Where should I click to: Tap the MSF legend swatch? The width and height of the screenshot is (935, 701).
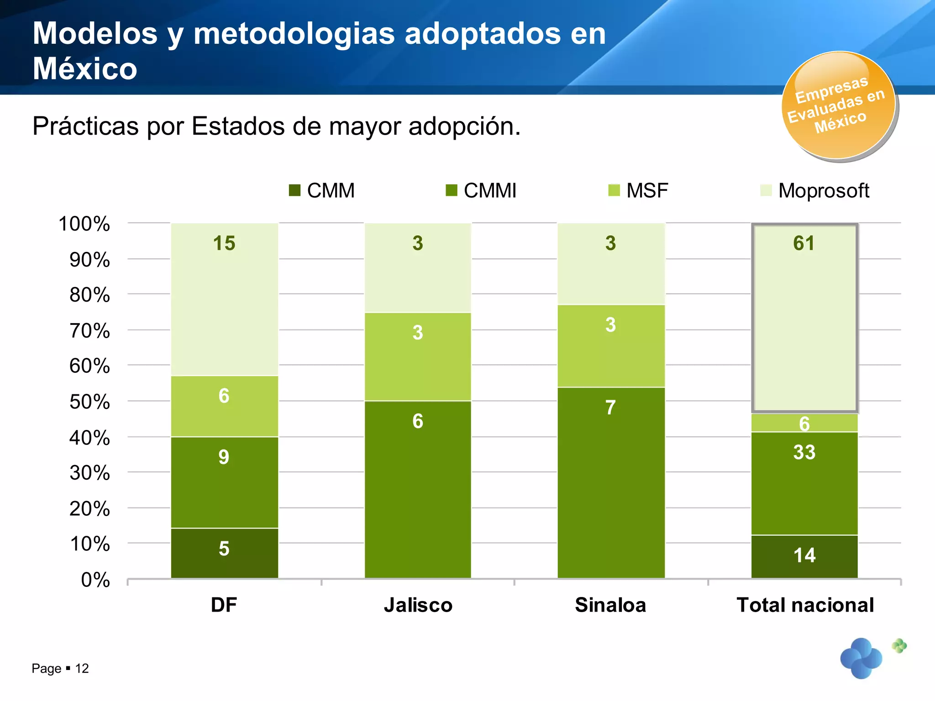point(614,190)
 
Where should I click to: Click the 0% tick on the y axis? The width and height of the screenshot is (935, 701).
point(95,580)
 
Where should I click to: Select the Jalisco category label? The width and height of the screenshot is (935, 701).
point(418,605)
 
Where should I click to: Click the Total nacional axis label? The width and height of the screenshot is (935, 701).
point(805,605)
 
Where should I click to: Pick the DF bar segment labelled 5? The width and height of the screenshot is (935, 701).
point(224,553)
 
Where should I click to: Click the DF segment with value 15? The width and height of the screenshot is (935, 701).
point(224,299)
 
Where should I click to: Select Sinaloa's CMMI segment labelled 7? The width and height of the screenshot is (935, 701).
point(610,482)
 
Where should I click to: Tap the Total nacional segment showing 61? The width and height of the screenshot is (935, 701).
point(804,318)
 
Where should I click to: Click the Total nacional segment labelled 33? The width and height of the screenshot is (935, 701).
point(804,483)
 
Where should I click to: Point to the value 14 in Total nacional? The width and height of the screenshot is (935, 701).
point(804,555)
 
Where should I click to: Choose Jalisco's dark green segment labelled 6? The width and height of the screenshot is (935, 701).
point(418,489)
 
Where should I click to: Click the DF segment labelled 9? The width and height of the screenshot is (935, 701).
point(224,482)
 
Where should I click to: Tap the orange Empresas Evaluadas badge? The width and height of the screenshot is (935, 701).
point(839,106)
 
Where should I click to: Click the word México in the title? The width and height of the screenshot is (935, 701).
point(85,69)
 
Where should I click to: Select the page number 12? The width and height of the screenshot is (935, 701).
point(82,669)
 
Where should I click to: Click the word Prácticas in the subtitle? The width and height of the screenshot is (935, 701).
point(85,126)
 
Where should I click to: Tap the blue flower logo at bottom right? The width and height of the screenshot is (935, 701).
point(861,658)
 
